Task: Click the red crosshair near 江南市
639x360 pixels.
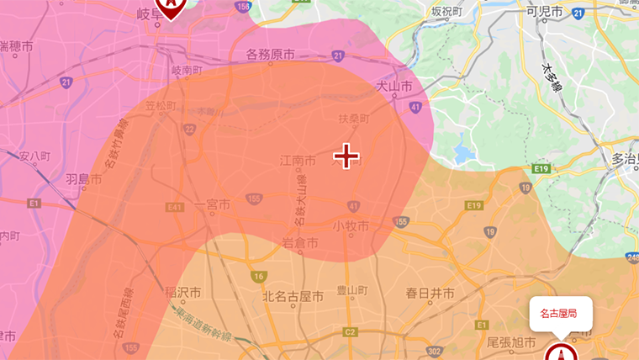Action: click(x=346, y=156)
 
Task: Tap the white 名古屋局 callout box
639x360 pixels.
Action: click(x=561, y=314)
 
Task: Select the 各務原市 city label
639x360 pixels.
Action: click(x=270, y=55)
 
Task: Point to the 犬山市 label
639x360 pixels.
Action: click(x=393, y=86)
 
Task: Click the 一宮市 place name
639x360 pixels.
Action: click(x=212, y=204)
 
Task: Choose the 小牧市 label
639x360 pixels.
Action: click(x=351, y=226)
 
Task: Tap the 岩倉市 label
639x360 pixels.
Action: click(x=299, y=242)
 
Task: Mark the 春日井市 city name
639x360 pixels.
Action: click(x=430, y=294)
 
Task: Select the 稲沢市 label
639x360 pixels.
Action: click(x=183, y=294)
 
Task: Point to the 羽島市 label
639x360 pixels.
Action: click(x=83, y=179)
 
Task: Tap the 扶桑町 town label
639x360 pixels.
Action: click(x=353, y=119)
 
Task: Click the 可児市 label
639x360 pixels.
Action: click(x=544, y=12)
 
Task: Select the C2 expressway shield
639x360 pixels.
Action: click(x=350, y=333)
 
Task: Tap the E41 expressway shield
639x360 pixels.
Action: click(x=175, y=206)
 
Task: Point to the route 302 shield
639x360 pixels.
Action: click(x=435, y=351)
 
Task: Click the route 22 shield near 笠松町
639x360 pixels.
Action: click(x=190, y=129)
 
